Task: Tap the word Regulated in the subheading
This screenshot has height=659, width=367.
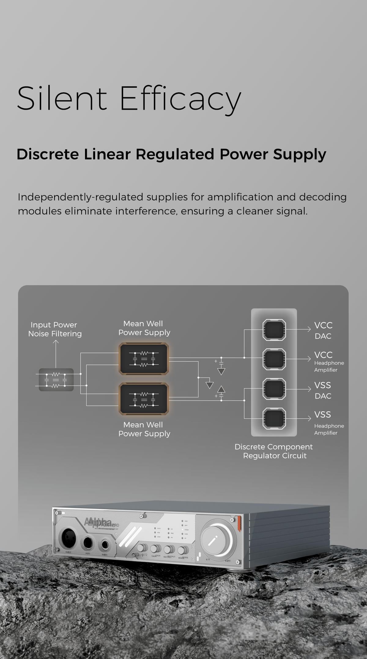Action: [175, 154]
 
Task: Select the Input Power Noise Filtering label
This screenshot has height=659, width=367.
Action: [55, 329]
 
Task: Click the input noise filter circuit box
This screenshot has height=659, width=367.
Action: [56, 380]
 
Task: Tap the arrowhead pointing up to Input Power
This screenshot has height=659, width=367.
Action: [56, 342]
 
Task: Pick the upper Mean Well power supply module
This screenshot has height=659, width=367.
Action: [144, 359]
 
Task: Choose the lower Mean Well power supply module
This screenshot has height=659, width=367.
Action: [144, 399]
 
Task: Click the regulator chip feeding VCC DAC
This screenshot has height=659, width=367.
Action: [274, 330]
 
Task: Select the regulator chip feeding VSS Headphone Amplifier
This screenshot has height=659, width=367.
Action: [274, 418]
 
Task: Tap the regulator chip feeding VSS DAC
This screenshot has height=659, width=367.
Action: [274, 389]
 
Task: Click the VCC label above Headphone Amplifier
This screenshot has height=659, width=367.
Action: [323, 355]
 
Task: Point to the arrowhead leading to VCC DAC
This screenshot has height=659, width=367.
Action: [309, 329]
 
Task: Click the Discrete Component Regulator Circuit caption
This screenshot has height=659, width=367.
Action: [274, 451]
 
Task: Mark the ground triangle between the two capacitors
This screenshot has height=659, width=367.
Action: [209, 385]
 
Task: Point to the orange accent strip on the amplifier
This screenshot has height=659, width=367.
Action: [239, 523]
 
